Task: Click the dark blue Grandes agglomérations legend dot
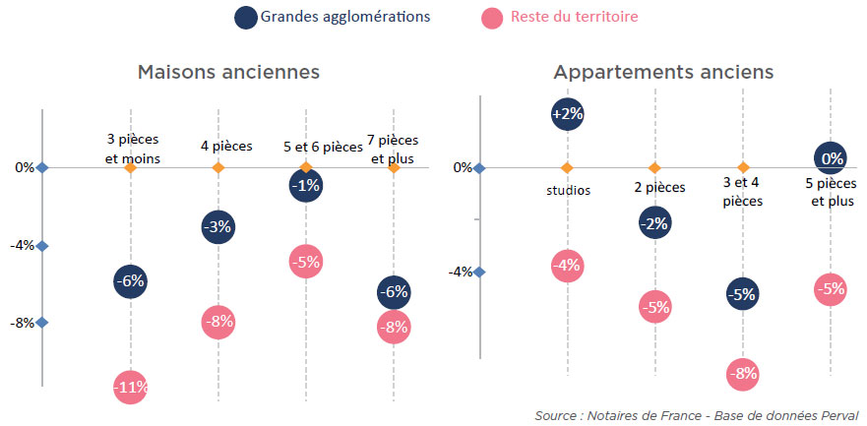[247, 17]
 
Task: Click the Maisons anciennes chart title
[229, 73]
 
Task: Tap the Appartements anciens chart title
[663, 73]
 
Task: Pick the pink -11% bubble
[131, 388]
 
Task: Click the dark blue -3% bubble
[218, 227]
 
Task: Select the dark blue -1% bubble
[306, 186]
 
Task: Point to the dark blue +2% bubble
[568, 114]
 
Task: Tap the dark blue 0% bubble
[832, 158]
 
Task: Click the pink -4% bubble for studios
[568, 265]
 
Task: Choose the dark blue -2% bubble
[654, 223]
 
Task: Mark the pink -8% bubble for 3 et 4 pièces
[743, 373]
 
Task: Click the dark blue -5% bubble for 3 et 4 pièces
[743, 294]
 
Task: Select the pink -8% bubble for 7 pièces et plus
[393, 328]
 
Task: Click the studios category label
[568, 190]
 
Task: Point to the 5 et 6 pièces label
[322, 148]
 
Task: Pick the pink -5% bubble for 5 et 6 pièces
[306, 262]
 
